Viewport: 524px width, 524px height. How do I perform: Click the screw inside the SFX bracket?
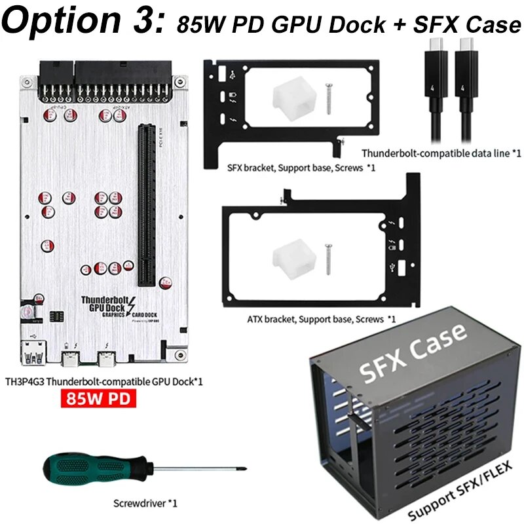(329, 94)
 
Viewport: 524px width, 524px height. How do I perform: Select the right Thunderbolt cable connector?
(466, 52)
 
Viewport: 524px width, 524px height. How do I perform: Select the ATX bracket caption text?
(322, 319)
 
